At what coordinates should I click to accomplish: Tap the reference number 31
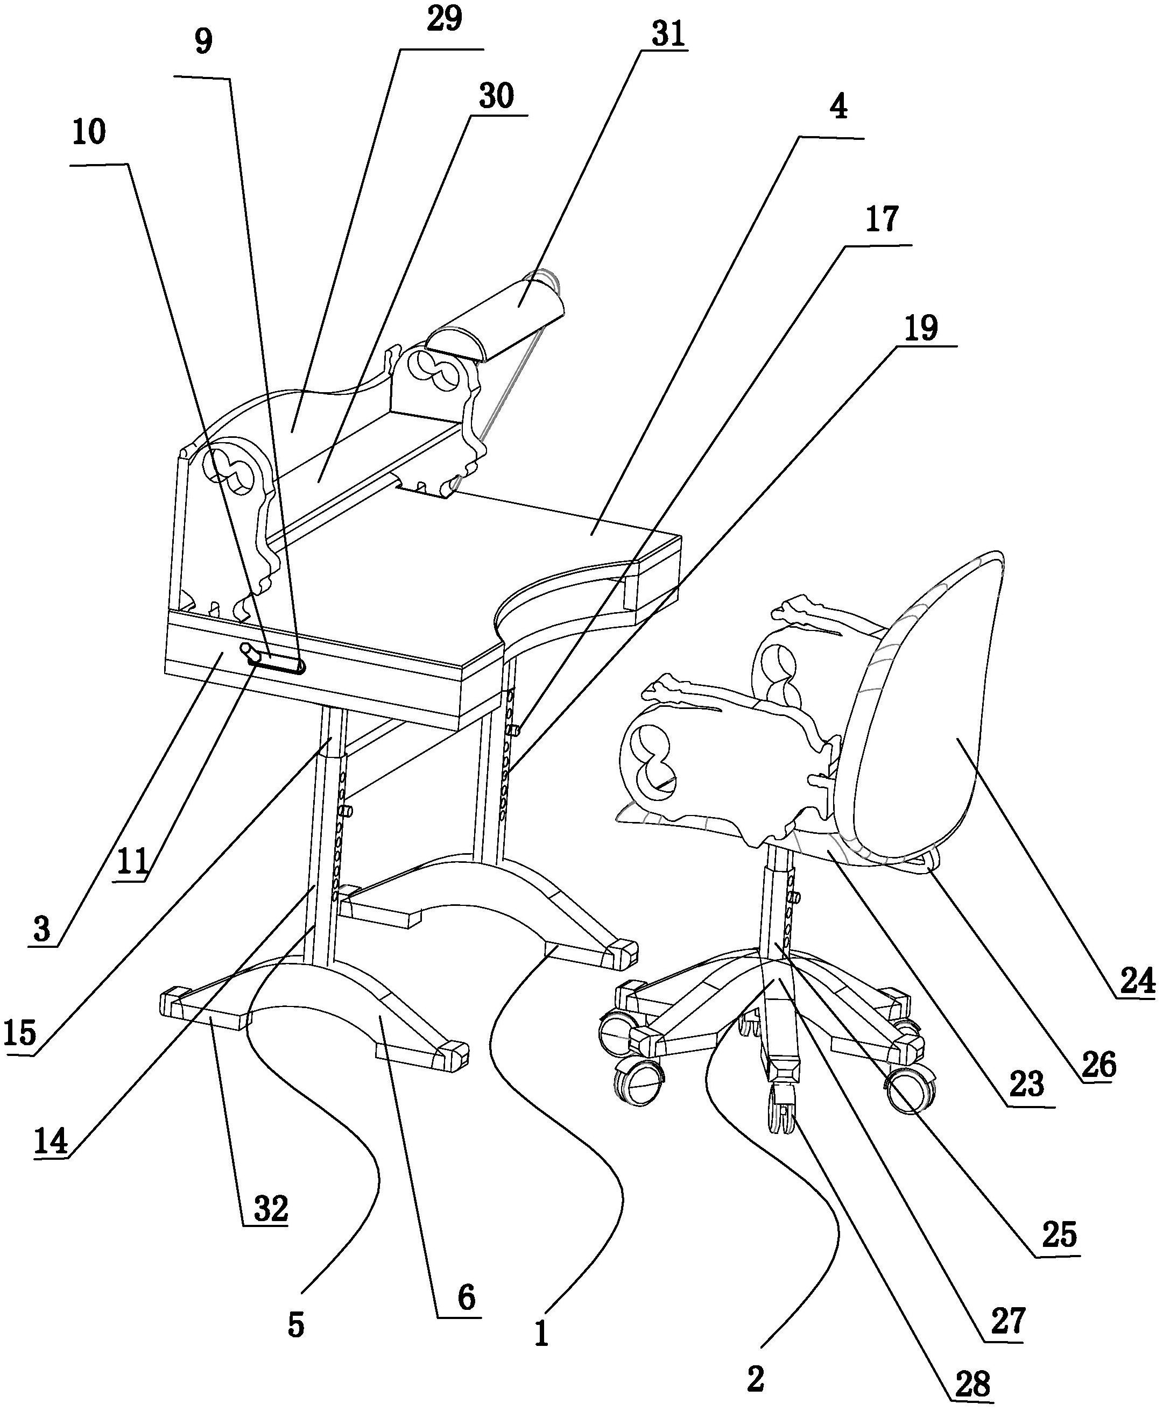pos(668,34)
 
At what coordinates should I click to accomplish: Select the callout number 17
pos(881,219)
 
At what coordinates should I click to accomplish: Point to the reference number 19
pos(920,328)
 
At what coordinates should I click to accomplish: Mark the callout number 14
pos(51,1141)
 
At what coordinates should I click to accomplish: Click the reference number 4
pos(838,107)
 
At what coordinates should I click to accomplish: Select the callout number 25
pos(1059,1234)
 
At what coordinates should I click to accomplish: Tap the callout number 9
pos(203,41)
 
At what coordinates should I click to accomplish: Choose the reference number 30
pos(496,96)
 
